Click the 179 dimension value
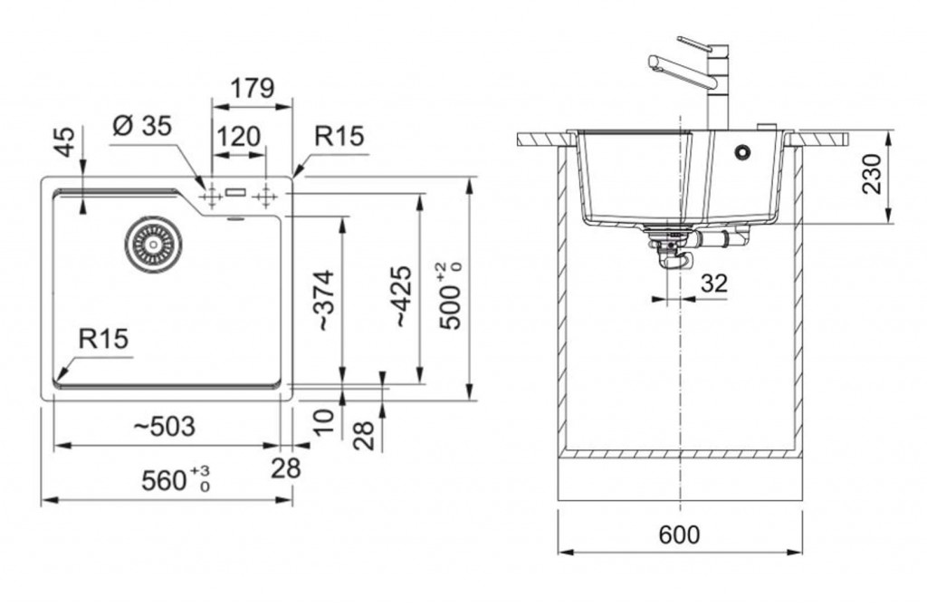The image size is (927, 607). [252, 89]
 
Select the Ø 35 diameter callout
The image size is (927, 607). [142, 127]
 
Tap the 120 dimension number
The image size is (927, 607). [239, 137]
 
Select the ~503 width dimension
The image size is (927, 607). [164, 427]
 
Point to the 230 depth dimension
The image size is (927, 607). [871, 175]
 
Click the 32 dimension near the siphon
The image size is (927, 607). [714, 284]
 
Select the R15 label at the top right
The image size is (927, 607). [339, 137]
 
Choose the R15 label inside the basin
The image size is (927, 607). [103, 340]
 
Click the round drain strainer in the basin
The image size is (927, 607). [153, 243]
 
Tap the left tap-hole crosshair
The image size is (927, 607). [210, 195]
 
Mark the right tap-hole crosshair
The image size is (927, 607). [266, 195]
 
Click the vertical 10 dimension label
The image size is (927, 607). [326, 419]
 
